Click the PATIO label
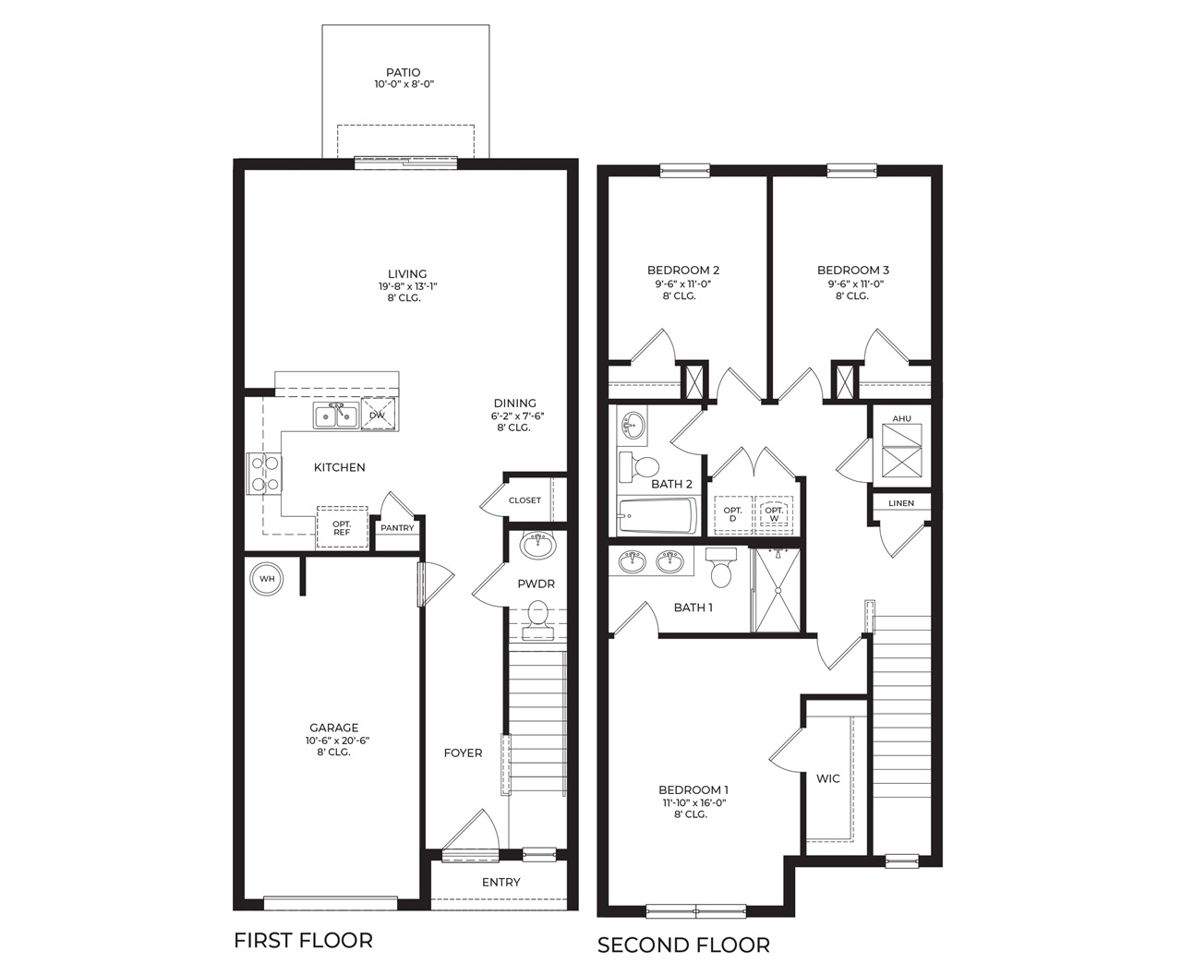coord(403,72)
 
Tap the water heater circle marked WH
coord(267,579)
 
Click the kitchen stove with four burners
coord(263,473)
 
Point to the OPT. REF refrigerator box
coord(342,527)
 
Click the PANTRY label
coord(397,528)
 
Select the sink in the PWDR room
coord(538,545)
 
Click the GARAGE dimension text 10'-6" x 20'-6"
coord(337,740)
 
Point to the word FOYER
coord(463,752)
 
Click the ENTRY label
coord(501,882)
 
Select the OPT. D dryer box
coord(732,514)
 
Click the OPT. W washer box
coord(774,514)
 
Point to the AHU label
coord(901,418)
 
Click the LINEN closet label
coord(901,503)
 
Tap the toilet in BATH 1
coord(721,567)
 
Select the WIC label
coord(827,778)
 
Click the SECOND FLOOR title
coord(682,945)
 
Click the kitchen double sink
coord(336,416)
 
